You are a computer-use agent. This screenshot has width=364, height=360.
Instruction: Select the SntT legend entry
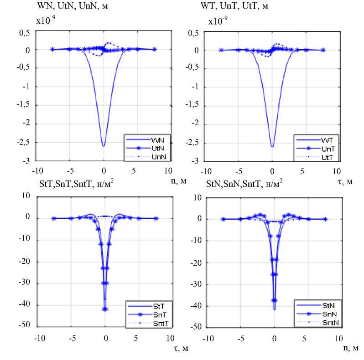click(x=151, y=322)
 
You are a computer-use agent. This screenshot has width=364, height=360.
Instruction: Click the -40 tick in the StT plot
click(x=25, y=305)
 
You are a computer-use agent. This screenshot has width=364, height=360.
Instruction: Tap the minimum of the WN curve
click(x=104, y=146)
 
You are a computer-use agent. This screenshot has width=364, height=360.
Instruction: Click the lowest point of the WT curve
click(x=272, y=146)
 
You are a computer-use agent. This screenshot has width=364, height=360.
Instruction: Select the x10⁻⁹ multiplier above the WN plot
click(x=45, y=21)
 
